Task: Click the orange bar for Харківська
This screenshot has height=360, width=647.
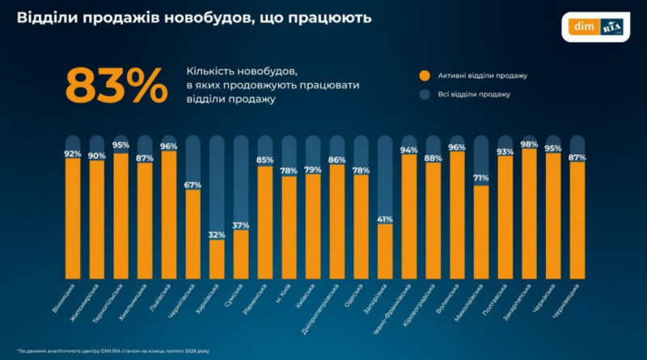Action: pyautogui.click(x=217, y=257)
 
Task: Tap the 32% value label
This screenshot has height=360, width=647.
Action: pyautogui.click(x=217, y=234)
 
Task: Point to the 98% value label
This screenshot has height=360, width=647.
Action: pyautogui.click(x=530, y=143)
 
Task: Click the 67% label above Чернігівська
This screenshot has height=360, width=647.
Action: pyautogui.click(x=192, y=185)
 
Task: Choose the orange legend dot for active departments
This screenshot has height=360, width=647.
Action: pyautogui.click(x=423, y=75)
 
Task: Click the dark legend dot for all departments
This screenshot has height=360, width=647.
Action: pyautogui.click(x=423, y=95)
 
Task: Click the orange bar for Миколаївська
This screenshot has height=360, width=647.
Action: pyautogui.click(x=481, y=231)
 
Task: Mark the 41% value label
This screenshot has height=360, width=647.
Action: pyautogui.click(x=385, y=219)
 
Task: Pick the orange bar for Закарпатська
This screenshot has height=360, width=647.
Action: pyautogui.click(x=530, y=212)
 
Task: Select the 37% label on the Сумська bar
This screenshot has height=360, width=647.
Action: pyautogui.click(x=241, y=225)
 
